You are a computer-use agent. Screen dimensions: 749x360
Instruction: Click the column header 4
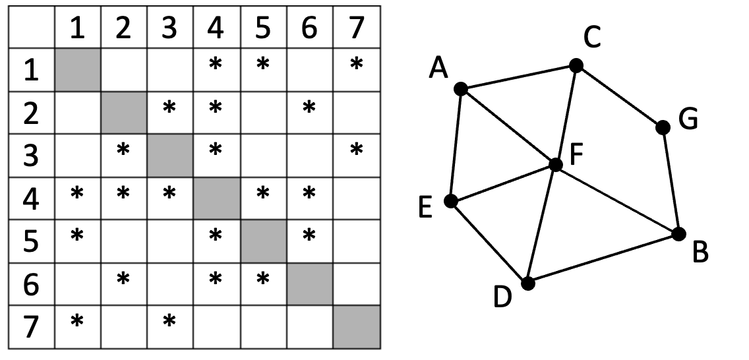click(216, 28)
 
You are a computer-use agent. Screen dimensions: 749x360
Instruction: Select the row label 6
click(31, 285)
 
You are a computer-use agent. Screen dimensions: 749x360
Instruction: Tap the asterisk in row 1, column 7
click(356, 64)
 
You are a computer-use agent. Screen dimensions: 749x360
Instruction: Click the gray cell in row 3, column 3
click(170, 156)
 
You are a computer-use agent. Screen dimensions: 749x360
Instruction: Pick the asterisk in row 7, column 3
click(169, 321)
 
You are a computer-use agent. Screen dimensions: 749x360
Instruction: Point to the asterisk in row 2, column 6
click(309, 107)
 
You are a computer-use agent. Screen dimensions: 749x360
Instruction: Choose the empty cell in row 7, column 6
click(309, 327)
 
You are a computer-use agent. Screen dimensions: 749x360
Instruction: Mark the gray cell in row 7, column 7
click(357, 327)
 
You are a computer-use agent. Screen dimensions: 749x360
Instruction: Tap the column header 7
click(356, 28)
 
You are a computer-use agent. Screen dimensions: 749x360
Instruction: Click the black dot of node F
click(556, 165)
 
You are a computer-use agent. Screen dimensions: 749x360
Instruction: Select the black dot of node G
click(663, 127)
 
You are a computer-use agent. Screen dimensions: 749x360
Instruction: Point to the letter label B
click(700, 253)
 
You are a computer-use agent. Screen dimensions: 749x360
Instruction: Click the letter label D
click(502, 297)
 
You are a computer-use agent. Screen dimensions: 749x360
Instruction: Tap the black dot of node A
click(460, 89)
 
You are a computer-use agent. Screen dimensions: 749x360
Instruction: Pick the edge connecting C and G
click(619, 96)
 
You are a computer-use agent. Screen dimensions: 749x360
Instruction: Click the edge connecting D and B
click(603, 258)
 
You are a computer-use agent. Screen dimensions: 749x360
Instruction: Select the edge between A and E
click(456, 144)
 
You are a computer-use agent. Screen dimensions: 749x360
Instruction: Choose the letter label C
click(592, 38)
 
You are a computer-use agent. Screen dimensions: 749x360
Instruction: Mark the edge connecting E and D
click(489, 242)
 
